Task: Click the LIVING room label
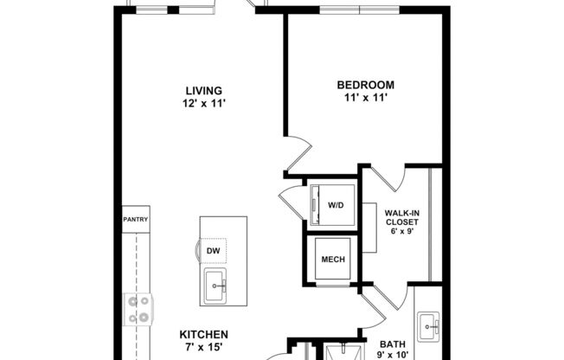[204, 90]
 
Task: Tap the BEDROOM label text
[365, 85]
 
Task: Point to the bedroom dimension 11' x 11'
[365, 98]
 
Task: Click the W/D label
[335, 206]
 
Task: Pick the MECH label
[333, 260]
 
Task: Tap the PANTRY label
[136, 219]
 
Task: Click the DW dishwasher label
[213, 251]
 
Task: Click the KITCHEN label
[204, 334]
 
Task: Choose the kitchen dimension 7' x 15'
[204, 347]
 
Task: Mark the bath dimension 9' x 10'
[392, 355]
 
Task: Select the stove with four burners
[138, 309]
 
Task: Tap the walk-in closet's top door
[387, 177]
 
